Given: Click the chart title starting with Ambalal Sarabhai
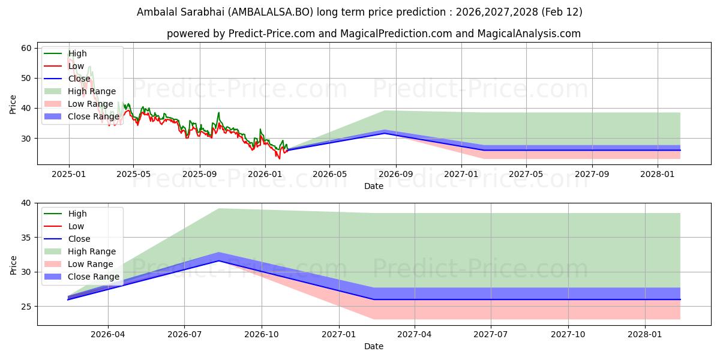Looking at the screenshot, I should point(359,12).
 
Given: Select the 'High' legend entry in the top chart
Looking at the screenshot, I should point(77,53).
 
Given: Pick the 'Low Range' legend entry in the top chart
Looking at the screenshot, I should point(90,104).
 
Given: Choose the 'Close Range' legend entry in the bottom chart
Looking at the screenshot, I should point(93,277).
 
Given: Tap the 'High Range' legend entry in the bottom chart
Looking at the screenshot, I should point(91,251).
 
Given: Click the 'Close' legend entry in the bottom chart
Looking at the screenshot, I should point(79,239).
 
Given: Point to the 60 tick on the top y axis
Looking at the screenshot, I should point(26,48).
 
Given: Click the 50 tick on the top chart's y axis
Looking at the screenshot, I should point(26,78).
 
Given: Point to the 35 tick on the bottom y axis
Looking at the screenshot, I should point(26,238).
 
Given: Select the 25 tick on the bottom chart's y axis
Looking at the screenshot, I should point(26,307).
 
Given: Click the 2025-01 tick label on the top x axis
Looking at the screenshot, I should point(69,175).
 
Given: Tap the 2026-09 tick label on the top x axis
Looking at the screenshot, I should point(396,175).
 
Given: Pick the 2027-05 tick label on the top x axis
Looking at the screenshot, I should point(526,175).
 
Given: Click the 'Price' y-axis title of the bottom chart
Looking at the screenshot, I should point(13,265).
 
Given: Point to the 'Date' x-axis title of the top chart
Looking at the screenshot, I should point(374,186).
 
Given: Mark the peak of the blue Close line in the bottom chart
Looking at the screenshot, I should point(219,260).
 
